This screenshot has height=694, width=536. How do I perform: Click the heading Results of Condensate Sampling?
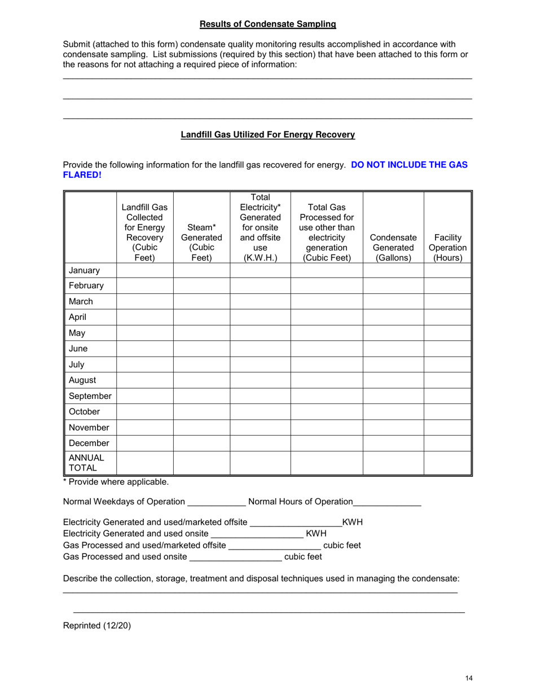pos(267,24)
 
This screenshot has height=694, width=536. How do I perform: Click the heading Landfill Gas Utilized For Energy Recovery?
pos(267,135)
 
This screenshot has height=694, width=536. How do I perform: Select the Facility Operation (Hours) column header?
pos(447,248)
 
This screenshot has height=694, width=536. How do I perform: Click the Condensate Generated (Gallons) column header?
pos(393,248)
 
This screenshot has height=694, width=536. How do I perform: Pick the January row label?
pos(84,270)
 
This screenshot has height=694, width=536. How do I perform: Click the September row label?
pos(90,396)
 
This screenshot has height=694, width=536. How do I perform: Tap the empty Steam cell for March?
pos(201,301)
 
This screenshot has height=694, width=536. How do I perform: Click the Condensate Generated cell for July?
pos(393,364)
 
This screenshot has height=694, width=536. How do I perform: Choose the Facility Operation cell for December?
pos(447,443)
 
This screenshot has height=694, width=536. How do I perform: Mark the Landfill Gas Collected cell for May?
pos(145,333)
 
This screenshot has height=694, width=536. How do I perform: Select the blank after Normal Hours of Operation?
pos(387,502)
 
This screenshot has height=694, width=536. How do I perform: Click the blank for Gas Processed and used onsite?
pos(236,557)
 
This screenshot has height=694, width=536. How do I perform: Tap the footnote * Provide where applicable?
pos(116,482)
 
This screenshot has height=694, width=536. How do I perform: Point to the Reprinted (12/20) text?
pos(96,625)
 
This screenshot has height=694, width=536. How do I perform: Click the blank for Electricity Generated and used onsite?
pos(257,534)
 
